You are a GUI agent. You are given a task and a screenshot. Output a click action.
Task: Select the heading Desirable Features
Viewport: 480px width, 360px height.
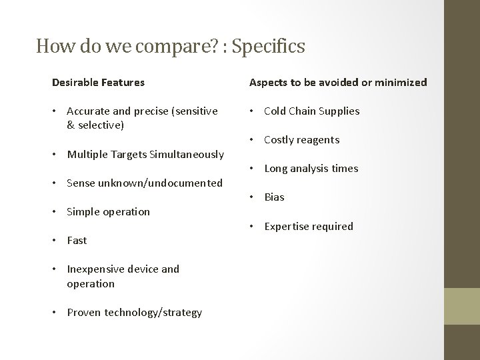pos(98,83)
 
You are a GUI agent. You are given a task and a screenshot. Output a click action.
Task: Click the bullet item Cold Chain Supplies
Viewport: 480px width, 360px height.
pos(311,111)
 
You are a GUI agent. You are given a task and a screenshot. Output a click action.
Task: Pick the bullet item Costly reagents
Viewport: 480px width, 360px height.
pos(301,140)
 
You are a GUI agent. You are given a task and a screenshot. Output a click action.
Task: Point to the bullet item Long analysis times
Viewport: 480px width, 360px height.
pos(311,169)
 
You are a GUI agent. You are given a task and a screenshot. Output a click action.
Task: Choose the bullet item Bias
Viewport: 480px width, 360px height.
pos(274,197)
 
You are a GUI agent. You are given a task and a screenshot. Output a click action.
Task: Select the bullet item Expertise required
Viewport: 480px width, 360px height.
pos(308,227)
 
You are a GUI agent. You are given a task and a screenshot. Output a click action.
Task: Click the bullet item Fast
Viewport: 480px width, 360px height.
pos(77,241)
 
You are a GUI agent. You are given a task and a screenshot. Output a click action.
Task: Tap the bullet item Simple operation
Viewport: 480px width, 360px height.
pos(108,212)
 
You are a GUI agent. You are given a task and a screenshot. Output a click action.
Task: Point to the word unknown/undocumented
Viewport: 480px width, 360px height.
pos(161,183)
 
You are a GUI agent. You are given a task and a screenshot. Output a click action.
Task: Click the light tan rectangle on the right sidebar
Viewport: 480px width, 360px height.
pos(462,306)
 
